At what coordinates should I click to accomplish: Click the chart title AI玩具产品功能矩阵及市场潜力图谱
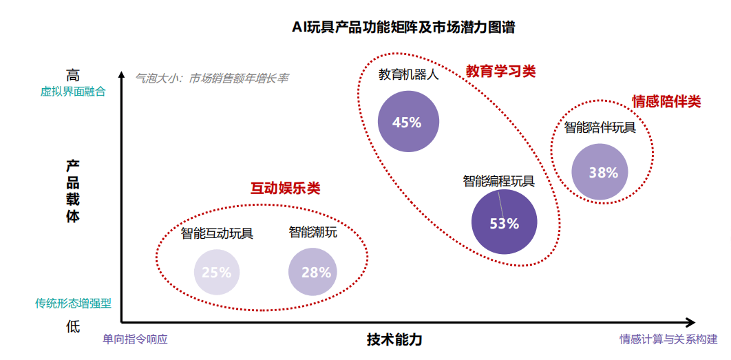pos(403,28)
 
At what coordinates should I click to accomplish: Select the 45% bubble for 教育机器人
pos(407,122)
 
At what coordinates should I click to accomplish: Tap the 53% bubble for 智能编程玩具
pos(504,223)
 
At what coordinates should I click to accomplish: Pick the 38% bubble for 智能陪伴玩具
pos(603,173)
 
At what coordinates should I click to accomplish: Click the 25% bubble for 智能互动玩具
pos(217,271)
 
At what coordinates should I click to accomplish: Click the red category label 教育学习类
pos(500,71)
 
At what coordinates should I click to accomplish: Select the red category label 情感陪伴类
pos(666,102)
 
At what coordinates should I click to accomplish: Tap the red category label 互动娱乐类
pos(285,188)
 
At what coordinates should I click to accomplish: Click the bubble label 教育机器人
pos(408,75)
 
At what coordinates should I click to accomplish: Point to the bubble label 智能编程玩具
pos(498,181)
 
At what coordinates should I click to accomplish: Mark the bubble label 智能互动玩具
pos(218,233)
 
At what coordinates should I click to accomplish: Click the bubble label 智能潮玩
pos(313,232)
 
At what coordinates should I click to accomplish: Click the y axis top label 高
pos(73,74)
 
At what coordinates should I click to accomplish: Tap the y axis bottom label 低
pos(73,327)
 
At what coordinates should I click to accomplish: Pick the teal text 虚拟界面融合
pos(73,91)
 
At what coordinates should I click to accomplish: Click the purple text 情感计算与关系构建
pos(668,339)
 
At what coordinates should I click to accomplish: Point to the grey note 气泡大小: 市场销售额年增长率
pos(212,78)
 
